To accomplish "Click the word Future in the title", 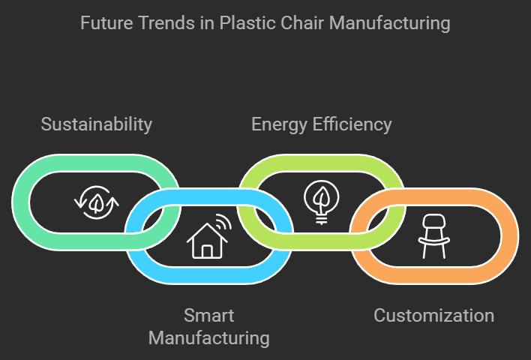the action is click(x=103, y=23).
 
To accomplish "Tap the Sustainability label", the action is click(x=97, y=124).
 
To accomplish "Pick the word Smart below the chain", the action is click(x=208, y=315).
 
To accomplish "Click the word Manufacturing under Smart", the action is click(x=208, y=337).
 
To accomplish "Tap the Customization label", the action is click(x=434, y=315).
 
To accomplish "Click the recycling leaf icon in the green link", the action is click(x=96, y=202).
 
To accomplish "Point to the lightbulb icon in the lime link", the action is click(x=320, y=201).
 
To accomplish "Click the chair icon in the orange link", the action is click(x=432, y=235).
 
